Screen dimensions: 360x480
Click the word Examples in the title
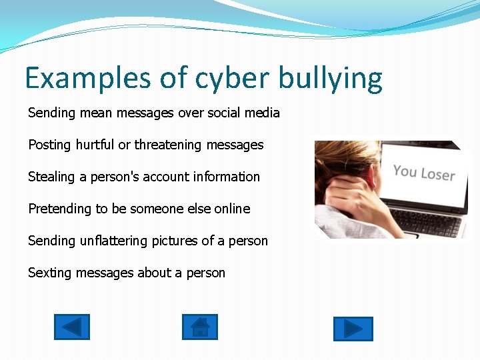tap(88, 78)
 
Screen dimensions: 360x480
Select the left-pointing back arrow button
tap(71, 327)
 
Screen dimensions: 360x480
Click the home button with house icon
tap(199, 327)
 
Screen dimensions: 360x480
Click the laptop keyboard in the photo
tap(427, 222)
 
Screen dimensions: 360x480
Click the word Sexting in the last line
tap(51, 273)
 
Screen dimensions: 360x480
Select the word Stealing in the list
tap(51, 177)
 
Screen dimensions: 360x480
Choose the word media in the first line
tap(261, 113)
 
